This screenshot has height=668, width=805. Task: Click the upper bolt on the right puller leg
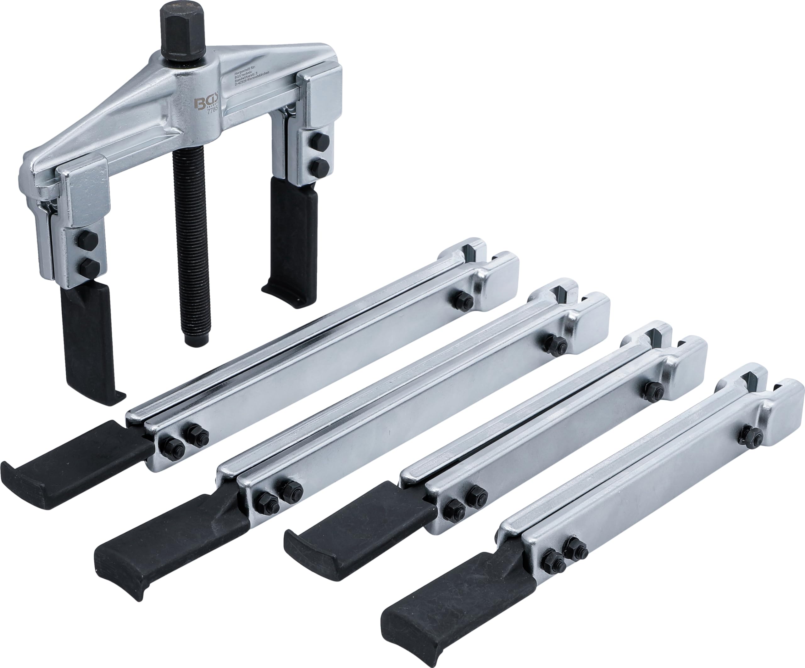point(318,140)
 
